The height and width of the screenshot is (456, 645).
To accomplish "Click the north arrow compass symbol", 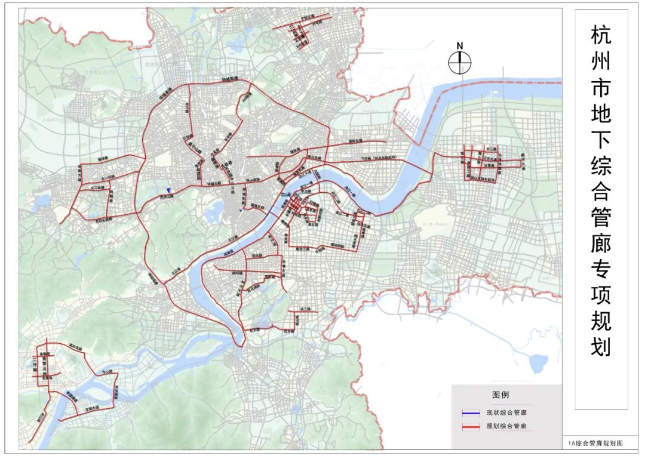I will (460, 61).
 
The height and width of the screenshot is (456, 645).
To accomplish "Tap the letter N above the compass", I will (460, 45).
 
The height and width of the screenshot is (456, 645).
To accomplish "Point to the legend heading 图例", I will (500, 395).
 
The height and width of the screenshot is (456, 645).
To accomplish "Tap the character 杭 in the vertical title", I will (601, 36).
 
